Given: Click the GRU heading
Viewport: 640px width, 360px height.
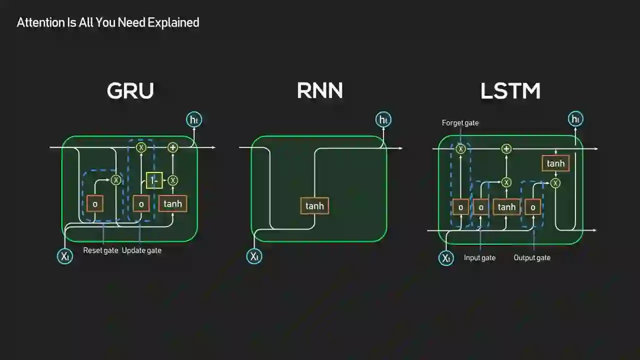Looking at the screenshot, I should pos(130,91).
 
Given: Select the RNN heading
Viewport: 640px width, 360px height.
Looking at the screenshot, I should pos(319,91).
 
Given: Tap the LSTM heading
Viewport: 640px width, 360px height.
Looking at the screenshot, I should pos(510,91).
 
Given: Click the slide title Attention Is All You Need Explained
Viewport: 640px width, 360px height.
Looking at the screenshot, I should pos(108,22).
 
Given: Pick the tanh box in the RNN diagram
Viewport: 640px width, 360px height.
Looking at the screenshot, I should pos(314,206).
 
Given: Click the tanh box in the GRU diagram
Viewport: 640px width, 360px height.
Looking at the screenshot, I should pos(172,203).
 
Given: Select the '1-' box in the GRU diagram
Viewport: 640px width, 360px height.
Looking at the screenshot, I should pos(154,180).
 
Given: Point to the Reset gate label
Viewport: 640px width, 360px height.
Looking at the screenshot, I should pos(100,250).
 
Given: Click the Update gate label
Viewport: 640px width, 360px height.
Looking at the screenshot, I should pos(141,250).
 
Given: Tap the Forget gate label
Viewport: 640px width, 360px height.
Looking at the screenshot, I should pos(460,123).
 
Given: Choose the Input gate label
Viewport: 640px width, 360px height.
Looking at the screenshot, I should pos(479,258).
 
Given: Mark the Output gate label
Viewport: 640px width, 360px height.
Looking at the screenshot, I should pos(532,258).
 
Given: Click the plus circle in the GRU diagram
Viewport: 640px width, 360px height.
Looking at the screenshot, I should pos(172,147).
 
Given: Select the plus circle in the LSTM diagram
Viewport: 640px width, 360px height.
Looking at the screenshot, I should pos(506,148).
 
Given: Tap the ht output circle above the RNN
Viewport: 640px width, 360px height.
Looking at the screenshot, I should pos(383,120).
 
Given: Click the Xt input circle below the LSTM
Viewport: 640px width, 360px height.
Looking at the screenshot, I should pos(446,258).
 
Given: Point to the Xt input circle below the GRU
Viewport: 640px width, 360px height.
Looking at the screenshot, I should pos(64,256).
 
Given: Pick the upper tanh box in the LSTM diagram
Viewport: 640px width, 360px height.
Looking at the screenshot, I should pos(555,163).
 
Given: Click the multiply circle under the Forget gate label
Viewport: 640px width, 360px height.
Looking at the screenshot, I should pos(460,148).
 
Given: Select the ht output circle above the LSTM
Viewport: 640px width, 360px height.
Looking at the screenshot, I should pos(575,119).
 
